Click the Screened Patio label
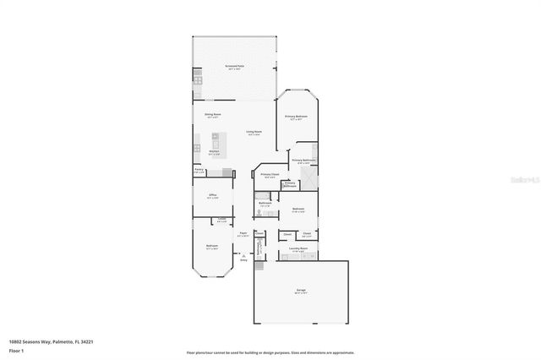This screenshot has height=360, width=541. [x=234, y=66]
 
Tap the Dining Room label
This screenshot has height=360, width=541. [x=213, y=114]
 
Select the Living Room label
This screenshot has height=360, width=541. [x=254, y=132]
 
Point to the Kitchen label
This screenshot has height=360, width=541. [x=214, y=151]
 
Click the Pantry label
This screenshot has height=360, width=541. [x=199, y=170]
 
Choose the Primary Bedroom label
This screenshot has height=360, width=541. [x=296, y=117]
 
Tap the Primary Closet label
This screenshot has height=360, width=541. [x=270, y=175]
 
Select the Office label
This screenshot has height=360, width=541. [x=213, y=195]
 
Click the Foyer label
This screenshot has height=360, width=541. [x=243, y=232]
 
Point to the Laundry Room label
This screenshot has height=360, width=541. [x=298, y=248]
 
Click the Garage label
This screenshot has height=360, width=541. [x=300, y=292]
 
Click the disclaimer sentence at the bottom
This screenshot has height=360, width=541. [x=270, y=352]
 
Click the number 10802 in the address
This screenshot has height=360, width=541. [x=15, y=341]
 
